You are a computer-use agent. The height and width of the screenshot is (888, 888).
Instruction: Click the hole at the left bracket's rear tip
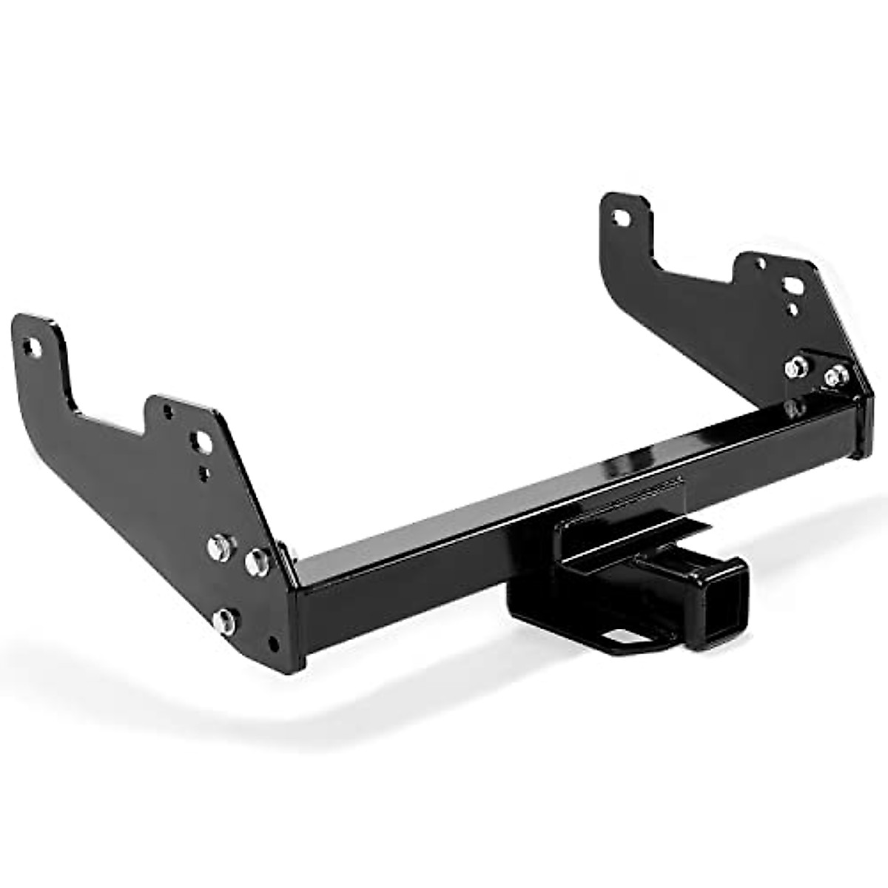pos(30,346)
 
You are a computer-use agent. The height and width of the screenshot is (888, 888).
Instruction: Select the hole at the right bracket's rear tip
pos(619,217)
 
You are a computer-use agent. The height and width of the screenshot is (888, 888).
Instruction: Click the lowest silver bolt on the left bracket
pos(224,620)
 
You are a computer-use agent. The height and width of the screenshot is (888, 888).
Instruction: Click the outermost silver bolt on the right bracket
pos(836,377)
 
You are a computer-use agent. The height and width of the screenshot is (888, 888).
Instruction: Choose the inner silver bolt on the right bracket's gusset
pos(797,366)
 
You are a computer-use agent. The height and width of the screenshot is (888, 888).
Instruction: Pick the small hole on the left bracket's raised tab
pos(168,408)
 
